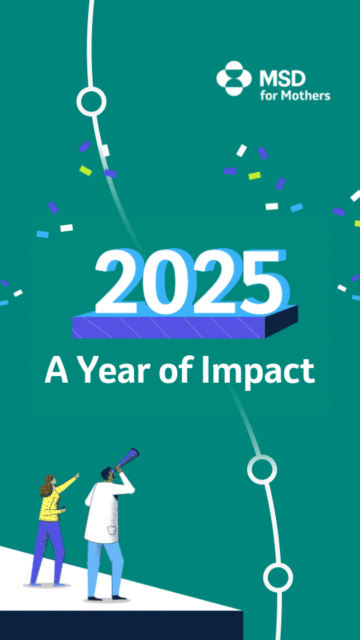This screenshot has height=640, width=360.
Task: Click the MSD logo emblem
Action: point(233,79)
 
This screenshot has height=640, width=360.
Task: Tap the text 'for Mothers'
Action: point(295,95)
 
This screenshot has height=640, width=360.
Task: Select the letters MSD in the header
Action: point(283,78)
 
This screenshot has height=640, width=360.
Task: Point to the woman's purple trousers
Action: point(47,552)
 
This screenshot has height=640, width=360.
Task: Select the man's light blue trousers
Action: point(104,569)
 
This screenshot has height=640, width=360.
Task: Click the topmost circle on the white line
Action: point(91,101)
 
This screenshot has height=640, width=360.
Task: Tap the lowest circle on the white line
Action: point(278,577)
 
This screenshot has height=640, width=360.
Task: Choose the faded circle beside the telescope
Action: point(262,469)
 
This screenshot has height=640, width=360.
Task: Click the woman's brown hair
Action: point(47,485)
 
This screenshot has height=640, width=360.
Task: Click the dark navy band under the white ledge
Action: point(121,625)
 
